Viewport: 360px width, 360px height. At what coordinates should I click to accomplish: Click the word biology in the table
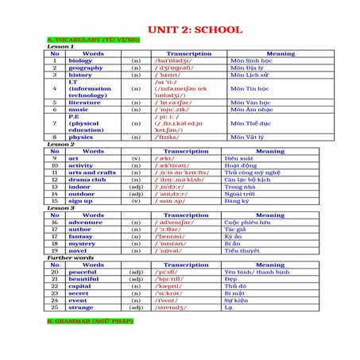80,60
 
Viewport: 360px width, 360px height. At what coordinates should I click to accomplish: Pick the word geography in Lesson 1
85,68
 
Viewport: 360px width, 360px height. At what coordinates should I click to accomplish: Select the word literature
84,102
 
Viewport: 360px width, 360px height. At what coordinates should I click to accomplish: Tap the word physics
80,137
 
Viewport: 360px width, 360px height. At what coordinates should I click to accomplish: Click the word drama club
87,179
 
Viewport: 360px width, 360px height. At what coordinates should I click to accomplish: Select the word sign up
80,200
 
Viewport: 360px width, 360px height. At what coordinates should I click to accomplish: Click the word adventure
85,223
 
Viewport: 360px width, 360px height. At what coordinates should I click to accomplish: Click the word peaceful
83,273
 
